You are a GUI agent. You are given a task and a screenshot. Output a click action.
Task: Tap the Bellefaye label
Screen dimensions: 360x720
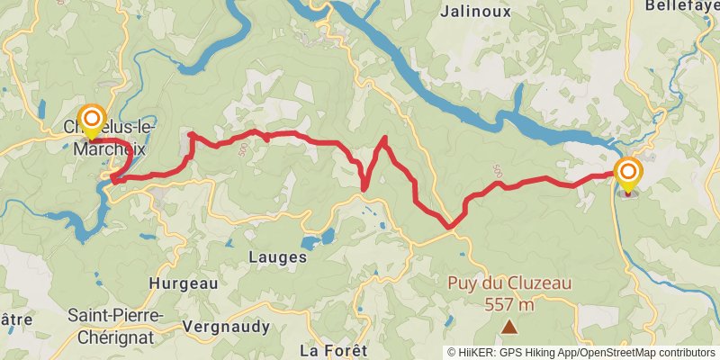pos(681,5)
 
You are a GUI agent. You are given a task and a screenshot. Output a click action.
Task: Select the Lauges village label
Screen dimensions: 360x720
pos(277,256)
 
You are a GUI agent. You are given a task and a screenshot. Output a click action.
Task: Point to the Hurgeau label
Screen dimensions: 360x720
pos(183,283)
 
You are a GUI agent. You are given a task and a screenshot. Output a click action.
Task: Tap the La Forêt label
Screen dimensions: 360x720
pos(333,349)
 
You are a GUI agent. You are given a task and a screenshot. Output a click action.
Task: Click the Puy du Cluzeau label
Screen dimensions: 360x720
pos(509,283)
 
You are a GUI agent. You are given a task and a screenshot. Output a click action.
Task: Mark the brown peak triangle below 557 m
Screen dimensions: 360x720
pos(509,328)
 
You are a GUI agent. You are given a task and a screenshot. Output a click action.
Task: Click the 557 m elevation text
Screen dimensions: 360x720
pos(509,304)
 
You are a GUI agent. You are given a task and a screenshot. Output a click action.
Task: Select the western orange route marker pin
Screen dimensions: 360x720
pos(91,120)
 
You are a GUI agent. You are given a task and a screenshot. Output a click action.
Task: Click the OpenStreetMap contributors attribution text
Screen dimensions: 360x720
pos(648,352)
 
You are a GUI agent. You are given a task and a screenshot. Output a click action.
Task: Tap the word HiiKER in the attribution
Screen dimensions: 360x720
pos(476,352)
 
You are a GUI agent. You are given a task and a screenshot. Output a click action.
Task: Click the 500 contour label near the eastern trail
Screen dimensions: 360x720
pos(497,170)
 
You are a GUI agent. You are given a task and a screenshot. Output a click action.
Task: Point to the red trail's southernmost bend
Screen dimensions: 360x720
pos(449,227)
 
